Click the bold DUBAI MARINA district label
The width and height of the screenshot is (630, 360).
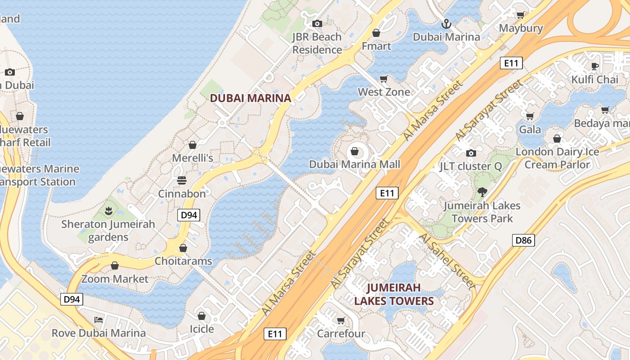250,98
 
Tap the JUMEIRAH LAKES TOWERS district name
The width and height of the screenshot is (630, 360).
394,294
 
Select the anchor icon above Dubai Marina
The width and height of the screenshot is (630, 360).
446,23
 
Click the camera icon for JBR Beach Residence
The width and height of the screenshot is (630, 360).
317,23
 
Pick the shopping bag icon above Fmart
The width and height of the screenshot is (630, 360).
376,33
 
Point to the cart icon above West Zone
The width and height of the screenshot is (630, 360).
384,79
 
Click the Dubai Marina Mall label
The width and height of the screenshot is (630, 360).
354,164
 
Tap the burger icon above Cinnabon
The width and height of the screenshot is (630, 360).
182,180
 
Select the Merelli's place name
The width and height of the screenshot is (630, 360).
193,158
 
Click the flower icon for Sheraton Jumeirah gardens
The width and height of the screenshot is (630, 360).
108,211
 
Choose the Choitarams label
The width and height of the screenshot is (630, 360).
183,261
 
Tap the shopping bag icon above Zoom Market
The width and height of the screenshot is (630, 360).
115,265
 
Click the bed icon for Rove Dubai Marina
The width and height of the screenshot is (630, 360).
99,320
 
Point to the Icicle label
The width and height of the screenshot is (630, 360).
202,329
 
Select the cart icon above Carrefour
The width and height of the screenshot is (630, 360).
341,321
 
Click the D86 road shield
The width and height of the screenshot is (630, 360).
523,240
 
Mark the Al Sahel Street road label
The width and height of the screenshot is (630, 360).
447,261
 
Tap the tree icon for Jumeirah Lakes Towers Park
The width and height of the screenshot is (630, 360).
482,192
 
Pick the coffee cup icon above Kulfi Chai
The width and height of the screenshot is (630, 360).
595,66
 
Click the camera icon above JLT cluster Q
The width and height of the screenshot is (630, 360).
471,153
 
